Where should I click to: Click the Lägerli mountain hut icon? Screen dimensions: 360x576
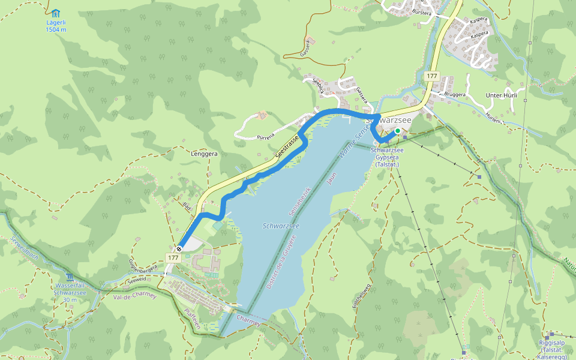(56, 13)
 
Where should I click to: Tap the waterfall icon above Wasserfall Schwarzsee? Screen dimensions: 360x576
(70, 277)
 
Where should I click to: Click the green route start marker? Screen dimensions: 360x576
(397, 130)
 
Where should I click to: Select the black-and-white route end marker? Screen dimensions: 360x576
(179, 249)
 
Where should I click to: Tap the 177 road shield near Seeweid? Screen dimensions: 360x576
(173, 257)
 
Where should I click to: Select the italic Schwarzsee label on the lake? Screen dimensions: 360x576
(281, 226)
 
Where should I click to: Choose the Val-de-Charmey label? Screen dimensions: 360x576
(134, 296)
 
